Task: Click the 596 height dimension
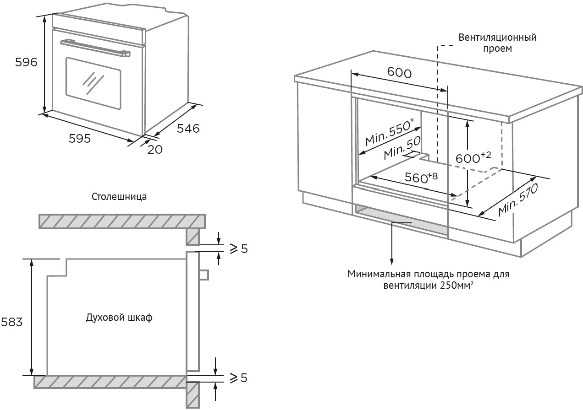coord(26,63)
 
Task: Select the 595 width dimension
coord(80,138)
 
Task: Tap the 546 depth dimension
coord(188,129)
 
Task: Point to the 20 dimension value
coord(155,149)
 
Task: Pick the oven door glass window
coord(93,83)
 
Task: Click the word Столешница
coord(119,197)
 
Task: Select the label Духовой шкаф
coord(119,318)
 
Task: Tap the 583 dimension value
coord(11,322)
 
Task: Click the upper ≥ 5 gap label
coord(238,249)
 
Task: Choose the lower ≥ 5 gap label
coord(238,378)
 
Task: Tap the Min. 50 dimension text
coord(402,149)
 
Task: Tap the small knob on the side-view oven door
coord(204,275)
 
